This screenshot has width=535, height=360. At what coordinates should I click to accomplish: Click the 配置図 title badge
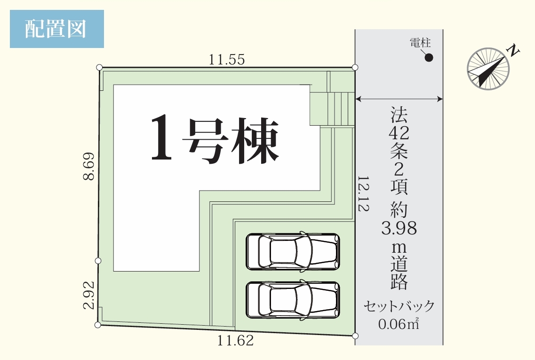[56, 29]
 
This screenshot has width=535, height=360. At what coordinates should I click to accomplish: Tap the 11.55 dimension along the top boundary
[226, 60]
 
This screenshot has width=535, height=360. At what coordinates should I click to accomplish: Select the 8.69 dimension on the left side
[89, 166]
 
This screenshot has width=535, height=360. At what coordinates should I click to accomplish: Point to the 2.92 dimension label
[89, 295]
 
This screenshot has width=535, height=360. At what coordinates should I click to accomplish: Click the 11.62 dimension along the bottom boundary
[236, 341]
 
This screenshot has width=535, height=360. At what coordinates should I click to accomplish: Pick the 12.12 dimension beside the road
[363, 194]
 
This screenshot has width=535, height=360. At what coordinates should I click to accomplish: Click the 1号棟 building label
[215, 139]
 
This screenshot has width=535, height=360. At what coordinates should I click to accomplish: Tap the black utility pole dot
[429, 58]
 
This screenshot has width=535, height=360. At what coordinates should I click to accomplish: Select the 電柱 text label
[420, 43]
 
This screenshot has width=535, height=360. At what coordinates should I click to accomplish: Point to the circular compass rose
[488, 69]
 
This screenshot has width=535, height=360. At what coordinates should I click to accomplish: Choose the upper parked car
[293, 251]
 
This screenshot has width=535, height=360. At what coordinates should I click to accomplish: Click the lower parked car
[293, 300]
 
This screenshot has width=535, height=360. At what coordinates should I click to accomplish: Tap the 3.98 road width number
[399, 228]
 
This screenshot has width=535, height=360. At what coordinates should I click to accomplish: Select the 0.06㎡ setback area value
[399, 324]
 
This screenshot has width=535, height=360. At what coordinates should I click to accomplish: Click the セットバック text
[399, 306]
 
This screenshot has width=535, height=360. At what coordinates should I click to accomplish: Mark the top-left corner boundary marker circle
[99, 67]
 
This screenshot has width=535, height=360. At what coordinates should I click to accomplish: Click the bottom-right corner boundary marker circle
[355, 336]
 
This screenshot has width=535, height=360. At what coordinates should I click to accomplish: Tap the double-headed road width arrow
[399, 99]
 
